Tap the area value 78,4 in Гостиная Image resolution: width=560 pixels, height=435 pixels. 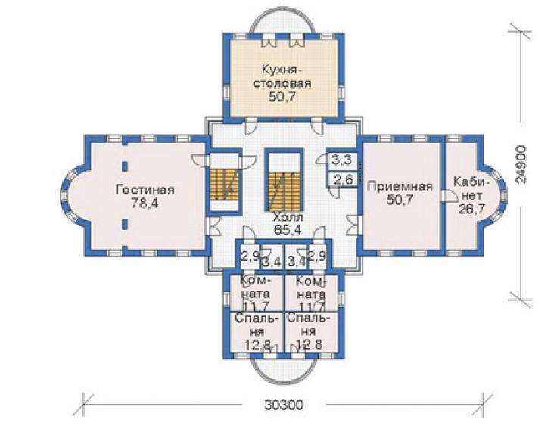145,203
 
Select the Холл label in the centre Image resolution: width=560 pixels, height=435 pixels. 288,217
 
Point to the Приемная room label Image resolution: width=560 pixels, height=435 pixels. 400,186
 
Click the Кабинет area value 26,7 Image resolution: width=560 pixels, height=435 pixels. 471,209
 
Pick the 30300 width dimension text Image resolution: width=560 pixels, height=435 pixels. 284,405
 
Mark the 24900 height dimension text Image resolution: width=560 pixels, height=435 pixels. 521,164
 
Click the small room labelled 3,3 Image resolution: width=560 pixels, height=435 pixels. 342,160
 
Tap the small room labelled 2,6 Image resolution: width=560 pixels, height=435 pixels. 343,179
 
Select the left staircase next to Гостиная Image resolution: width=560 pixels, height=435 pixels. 224,184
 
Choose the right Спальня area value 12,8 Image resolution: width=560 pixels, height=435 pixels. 310,344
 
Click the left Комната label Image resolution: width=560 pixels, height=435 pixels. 256,287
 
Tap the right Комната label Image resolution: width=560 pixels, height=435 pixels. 311,287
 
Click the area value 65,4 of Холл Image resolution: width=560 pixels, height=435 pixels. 288,230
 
